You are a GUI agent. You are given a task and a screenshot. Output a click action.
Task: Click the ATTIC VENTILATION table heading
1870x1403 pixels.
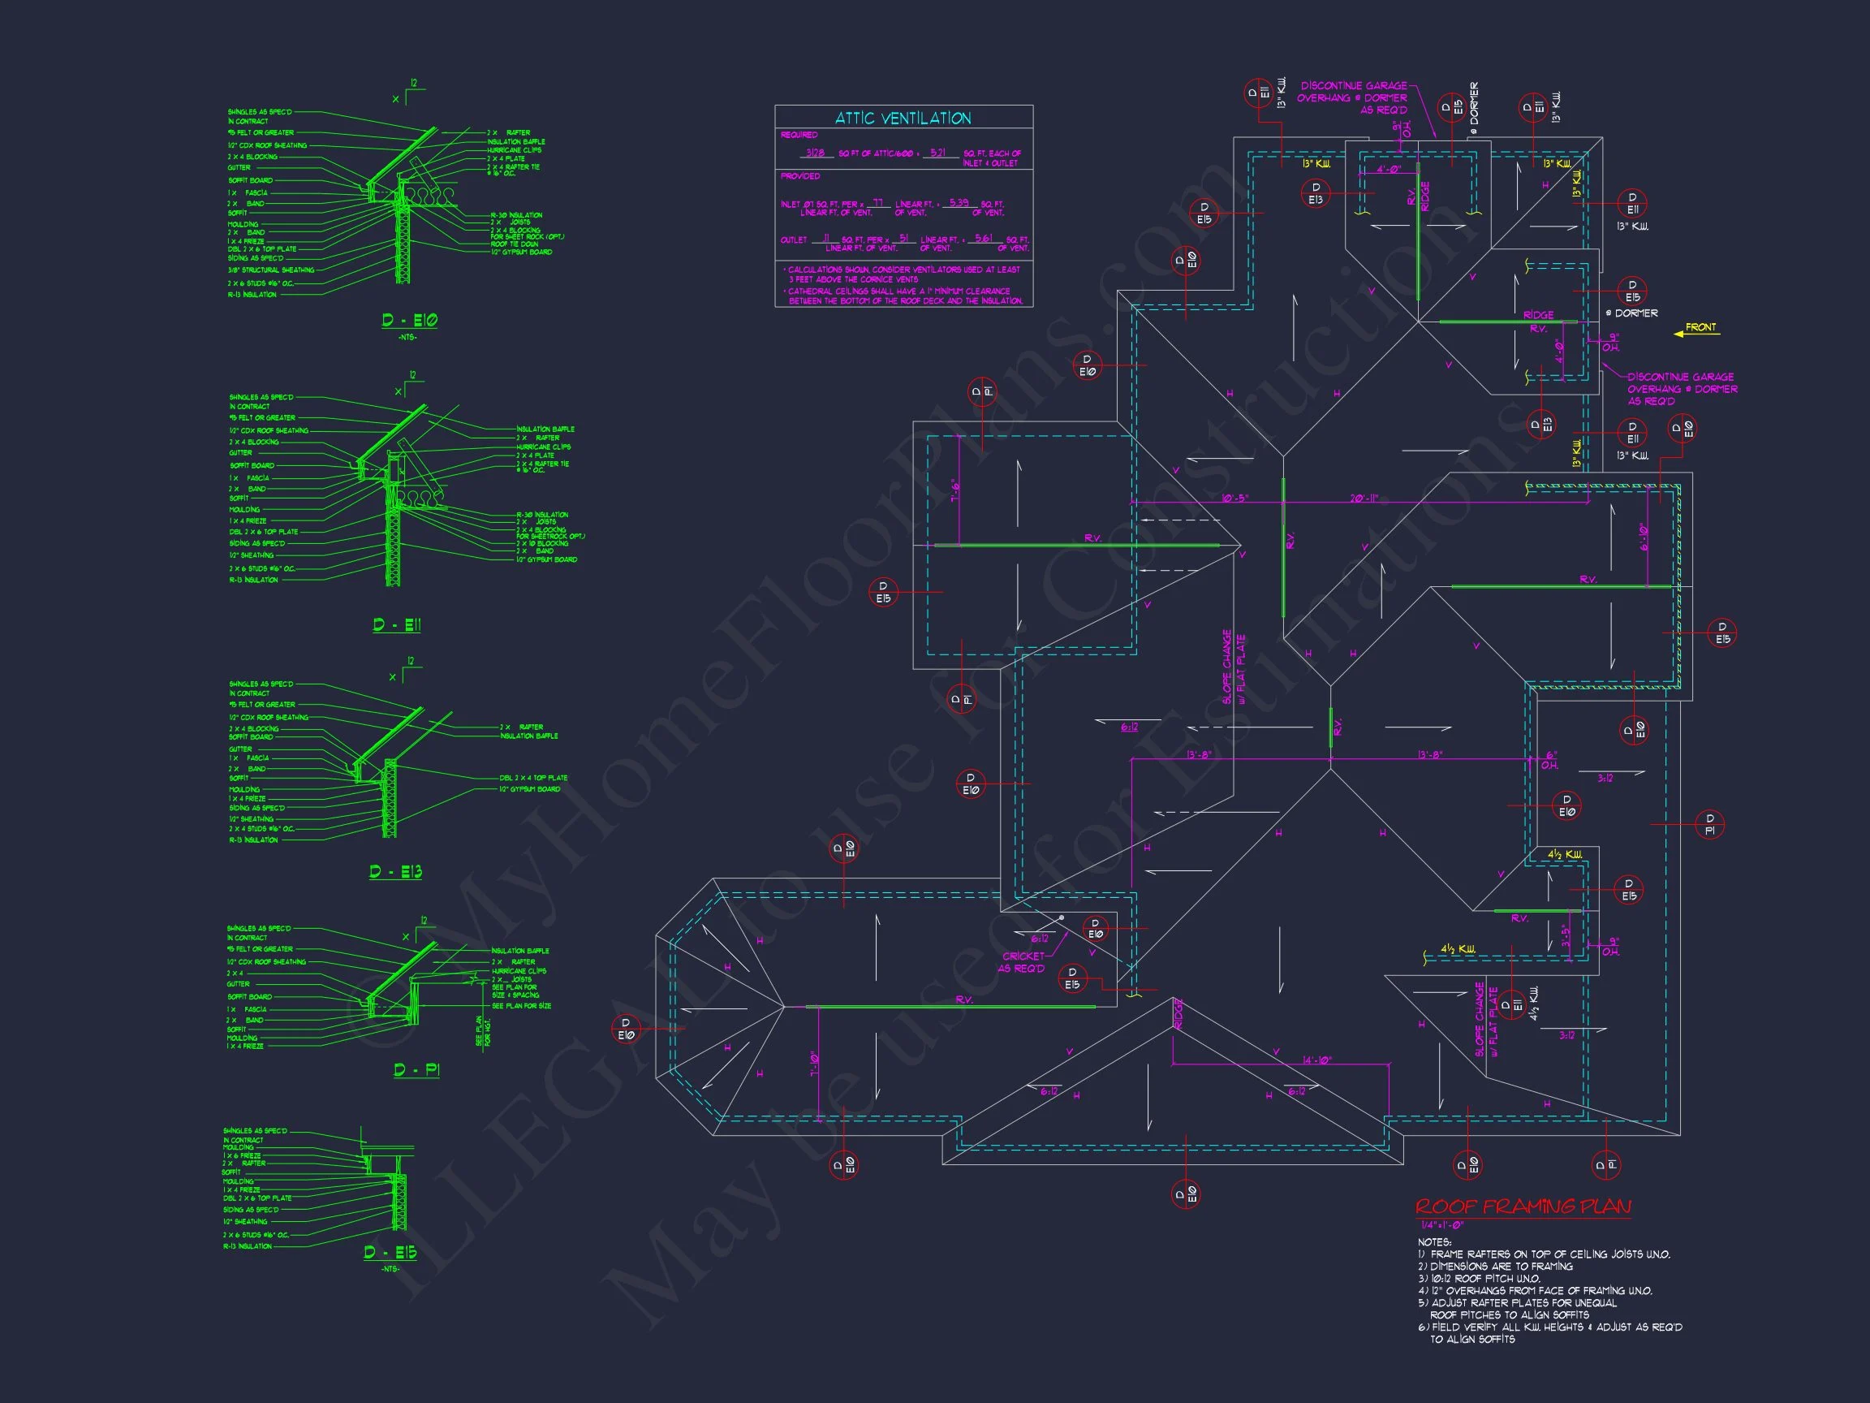click(x=903, y=119)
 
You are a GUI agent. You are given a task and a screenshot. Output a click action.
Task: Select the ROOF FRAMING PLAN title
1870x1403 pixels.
click(x=1523, y=1207)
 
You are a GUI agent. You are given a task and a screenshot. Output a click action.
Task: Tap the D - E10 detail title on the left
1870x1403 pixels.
click(x=409, y=321)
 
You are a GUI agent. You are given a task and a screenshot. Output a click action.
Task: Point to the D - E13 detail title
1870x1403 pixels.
click(x=395, y=872)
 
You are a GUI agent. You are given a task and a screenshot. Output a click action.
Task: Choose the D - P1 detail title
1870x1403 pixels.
click(x=417, y=1071)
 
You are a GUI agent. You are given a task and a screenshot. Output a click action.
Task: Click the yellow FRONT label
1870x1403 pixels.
click(x=1701, y=327)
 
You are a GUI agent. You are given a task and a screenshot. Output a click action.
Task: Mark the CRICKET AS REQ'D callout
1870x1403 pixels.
click(x=1022, y=962)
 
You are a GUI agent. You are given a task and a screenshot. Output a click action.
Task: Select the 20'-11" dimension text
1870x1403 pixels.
click(x=1364, y=499)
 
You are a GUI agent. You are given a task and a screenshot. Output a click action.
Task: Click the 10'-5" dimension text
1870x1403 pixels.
click(x=1234, y=499)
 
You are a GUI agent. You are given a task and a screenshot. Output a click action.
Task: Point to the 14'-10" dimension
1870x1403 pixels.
click(x=1317, y=1060)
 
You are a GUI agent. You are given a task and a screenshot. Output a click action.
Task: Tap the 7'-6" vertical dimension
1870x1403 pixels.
click(x=955, y=491)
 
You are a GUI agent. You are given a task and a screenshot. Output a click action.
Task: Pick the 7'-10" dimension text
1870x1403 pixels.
click(x=815, y=1063)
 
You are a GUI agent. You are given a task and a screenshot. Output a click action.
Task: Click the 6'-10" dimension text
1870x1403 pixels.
click(x=1644, y=537)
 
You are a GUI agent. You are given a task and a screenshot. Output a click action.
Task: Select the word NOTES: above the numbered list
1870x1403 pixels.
click(x=1435, y=1242)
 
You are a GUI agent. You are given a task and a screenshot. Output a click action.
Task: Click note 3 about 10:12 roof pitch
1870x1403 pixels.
click(x=1480, y=1279)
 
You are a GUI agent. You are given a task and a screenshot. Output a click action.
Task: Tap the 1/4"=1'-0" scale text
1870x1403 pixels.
click(x=1442, y=1225)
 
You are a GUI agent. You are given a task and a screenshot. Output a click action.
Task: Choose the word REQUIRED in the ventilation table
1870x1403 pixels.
click(x=799, y=136)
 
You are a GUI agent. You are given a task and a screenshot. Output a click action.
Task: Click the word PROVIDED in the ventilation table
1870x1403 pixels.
click(x=799, y=177)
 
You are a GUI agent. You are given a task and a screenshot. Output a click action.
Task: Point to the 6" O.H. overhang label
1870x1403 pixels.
click(x=1549, y=760)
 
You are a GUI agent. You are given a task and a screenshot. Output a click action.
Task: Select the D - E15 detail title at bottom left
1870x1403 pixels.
click(x=390, y=1253)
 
